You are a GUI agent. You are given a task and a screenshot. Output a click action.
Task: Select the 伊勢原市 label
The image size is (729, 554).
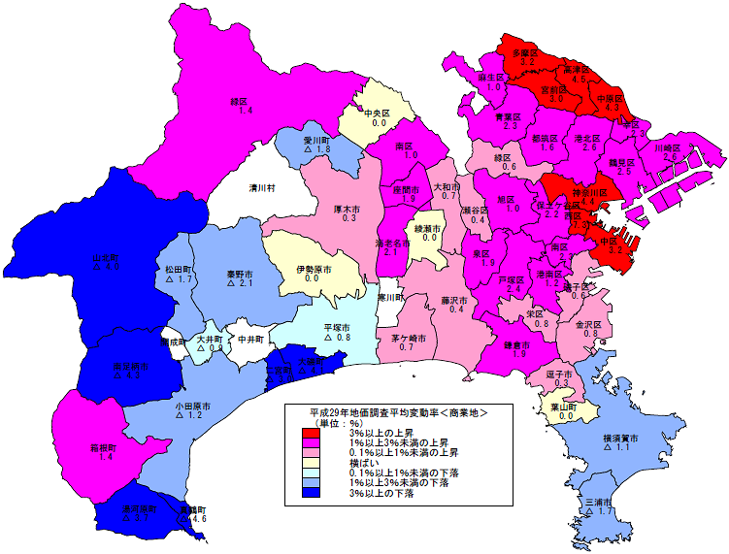point(314,268)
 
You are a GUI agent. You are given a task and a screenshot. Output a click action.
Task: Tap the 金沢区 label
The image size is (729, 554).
point(590,323)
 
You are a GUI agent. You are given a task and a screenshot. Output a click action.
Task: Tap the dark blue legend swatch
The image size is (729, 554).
point(305,492)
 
